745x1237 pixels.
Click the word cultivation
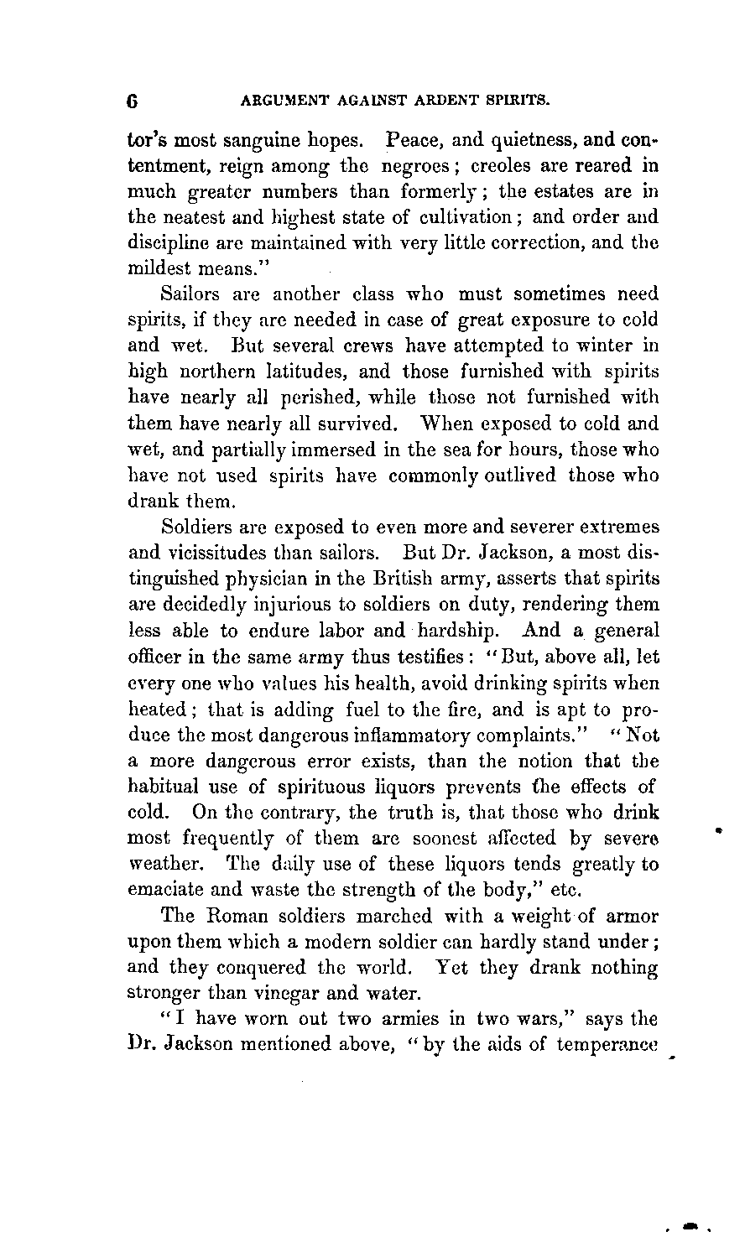[464, 216]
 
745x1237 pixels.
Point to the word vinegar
[315, 994]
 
